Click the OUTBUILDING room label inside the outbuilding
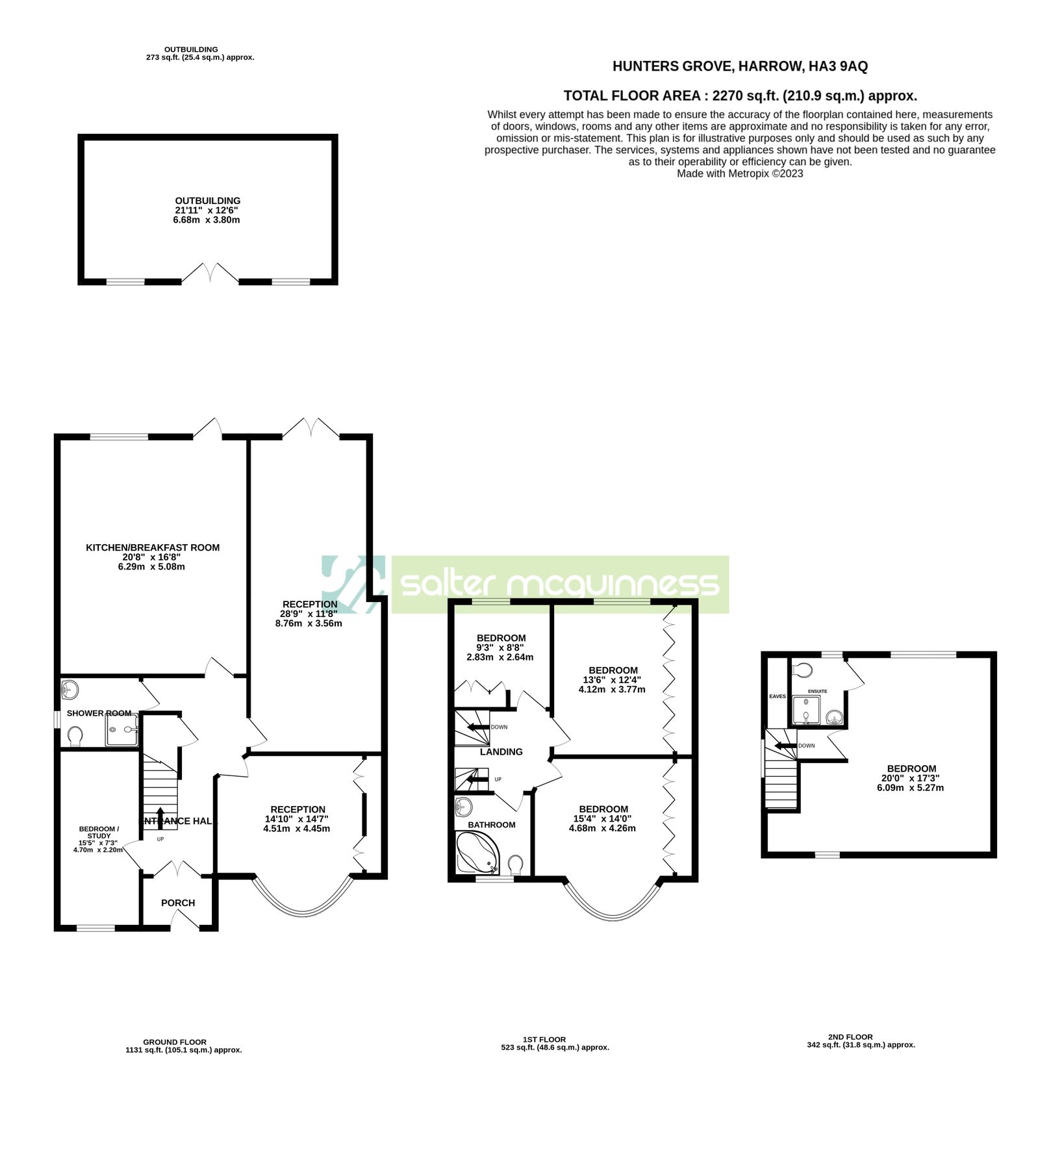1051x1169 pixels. (207, 201)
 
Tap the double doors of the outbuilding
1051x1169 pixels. (210, 273)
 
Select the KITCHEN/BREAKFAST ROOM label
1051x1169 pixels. (153, 547)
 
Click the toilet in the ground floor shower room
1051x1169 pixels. (75, 736)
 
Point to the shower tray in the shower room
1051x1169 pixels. (121, 731)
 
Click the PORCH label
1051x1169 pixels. (178, 903)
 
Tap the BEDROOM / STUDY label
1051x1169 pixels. (99, 832)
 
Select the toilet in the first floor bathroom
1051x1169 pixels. (516, 863)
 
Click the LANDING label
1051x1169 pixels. (501, 751)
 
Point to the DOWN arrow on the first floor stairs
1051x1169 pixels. (479, 727)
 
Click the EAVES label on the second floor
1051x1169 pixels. (778, 696)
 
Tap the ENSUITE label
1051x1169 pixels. (817, 691)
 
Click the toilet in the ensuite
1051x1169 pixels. (803, 669)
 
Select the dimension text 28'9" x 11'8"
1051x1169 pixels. (309, 614)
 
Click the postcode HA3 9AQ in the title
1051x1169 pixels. (838, 66)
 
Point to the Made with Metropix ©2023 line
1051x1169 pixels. (740, 173)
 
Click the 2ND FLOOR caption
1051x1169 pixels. (850, 1037)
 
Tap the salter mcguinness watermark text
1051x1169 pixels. (560, 584)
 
